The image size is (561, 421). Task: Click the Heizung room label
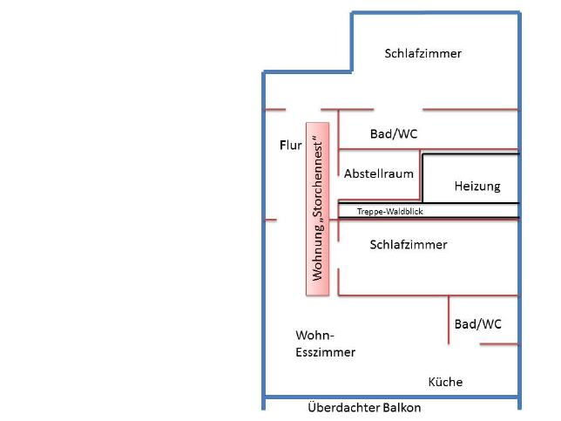[x=477, y=187]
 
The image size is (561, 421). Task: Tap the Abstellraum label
[x=379, y=173]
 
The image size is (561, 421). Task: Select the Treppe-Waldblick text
[x=390, y=212]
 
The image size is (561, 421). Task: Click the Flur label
[x=291, y=146]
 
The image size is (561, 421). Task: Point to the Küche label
[x=445, y=382]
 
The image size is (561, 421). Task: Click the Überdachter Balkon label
[x=364, y=407]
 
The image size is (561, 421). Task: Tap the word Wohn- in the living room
[x=314, y=336]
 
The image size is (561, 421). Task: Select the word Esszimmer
[x=325, y=352]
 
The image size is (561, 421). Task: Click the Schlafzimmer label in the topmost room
[x=422, y=53]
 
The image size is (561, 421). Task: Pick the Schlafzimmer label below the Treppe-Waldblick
[x=409, y=245]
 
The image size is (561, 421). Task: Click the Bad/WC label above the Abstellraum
[x=394, y=134]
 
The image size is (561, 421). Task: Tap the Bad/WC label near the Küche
[x=477, y=324]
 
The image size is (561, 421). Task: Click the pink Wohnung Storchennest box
[x=317, y=209]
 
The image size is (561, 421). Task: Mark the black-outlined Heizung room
[x=470, y=179]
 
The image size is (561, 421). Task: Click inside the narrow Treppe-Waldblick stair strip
[x=429, y=211]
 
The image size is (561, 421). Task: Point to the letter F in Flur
[x=283, y=146]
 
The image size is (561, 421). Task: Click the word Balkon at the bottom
[x=402, y=407]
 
